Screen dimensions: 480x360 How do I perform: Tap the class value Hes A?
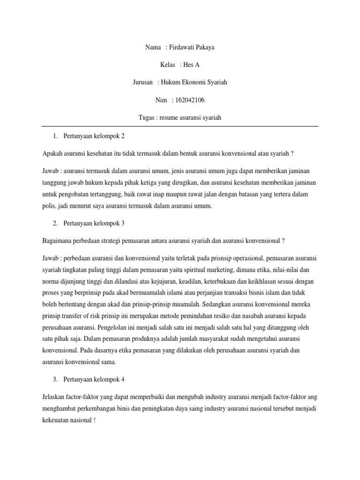[x=191, y=65]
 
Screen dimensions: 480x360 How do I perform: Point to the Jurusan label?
[x=143, y=82]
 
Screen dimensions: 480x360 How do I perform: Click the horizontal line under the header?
[x=180, y=126]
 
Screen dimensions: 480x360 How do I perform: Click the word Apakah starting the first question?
[x=52, y=154]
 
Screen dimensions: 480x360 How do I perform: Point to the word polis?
[x=49, y=206]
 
